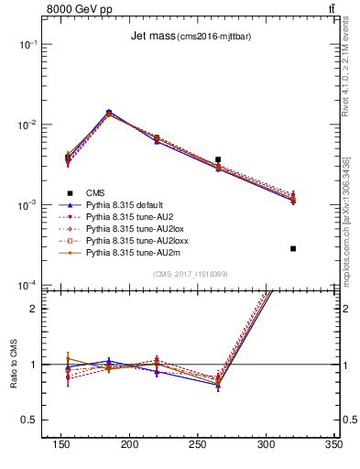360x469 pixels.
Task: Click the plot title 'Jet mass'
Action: tap(149, 36)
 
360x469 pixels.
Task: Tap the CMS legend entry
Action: tap(94, 193)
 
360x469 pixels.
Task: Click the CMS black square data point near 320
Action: tap(293, 248)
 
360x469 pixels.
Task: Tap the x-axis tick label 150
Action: tap(61, 444)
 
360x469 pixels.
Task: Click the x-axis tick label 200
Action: tap(130, 444)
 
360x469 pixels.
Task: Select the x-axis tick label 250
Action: tap(198, 444)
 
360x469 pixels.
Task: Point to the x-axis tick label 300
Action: tap(266, 444)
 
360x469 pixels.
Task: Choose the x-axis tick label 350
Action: tap(333, 444)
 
